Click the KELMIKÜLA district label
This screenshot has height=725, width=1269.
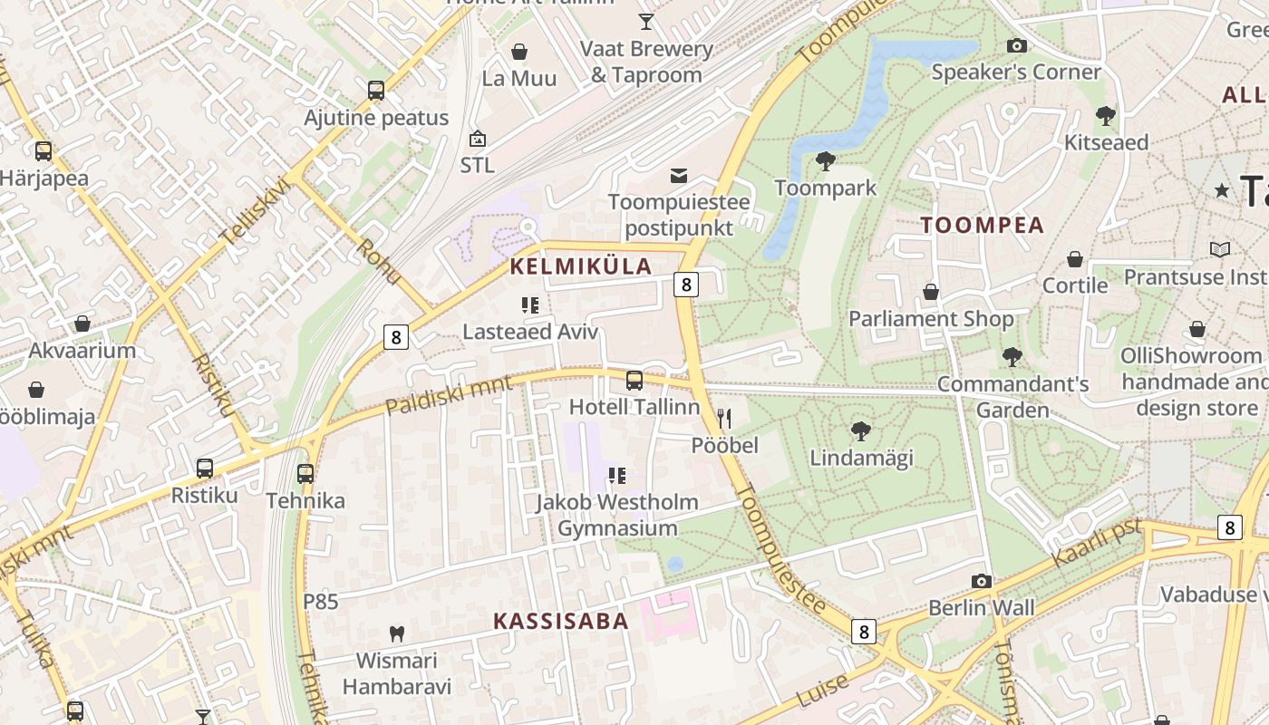[581, 266]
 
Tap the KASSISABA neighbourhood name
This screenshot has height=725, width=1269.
[561, 622]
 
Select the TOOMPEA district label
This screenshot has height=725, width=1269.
[983, 226]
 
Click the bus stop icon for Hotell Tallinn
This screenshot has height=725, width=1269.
[634, 380]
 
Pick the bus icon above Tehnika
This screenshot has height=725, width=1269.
[305, 473]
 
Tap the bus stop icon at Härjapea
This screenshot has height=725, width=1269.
[43, 151]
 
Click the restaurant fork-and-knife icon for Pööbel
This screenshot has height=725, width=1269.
[724, 418]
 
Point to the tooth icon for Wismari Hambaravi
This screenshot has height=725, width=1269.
[396, 633]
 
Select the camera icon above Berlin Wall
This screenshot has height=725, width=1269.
[981, 581]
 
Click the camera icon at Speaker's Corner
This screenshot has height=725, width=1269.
[1016, 45]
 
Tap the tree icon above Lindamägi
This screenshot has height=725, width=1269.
[860, 430]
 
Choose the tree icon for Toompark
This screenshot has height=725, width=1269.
[825, 161]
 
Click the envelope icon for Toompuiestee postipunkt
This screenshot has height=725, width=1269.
[679, 175]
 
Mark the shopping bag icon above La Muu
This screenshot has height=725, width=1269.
[519, 52]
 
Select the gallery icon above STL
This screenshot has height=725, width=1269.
[477, 139]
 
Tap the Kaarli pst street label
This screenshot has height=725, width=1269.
[1095, 542]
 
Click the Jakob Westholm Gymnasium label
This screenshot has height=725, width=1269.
[617, 515]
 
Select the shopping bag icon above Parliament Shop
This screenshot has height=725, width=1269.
[930, 292]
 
